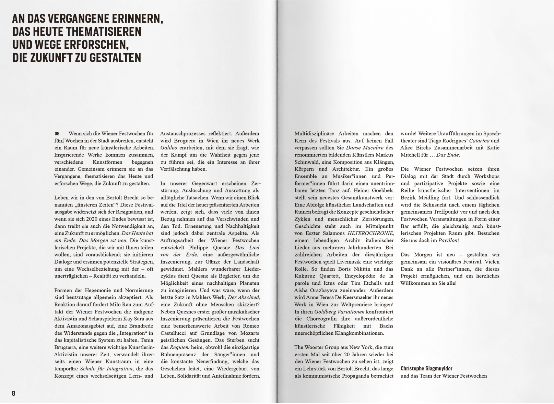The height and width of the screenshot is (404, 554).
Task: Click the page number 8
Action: pos(14,393)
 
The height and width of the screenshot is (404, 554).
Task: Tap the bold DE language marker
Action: pos(57,133)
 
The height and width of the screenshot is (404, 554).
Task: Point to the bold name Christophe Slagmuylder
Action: pos(426,368)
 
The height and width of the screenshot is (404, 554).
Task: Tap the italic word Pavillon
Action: pos(448,240)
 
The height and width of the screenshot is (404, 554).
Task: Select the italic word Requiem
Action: pos(179,347)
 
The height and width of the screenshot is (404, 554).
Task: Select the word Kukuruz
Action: pos(306,276)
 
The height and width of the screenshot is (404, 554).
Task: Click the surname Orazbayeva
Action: pos(325,290)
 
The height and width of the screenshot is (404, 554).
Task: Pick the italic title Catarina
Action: pos(479,141)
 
